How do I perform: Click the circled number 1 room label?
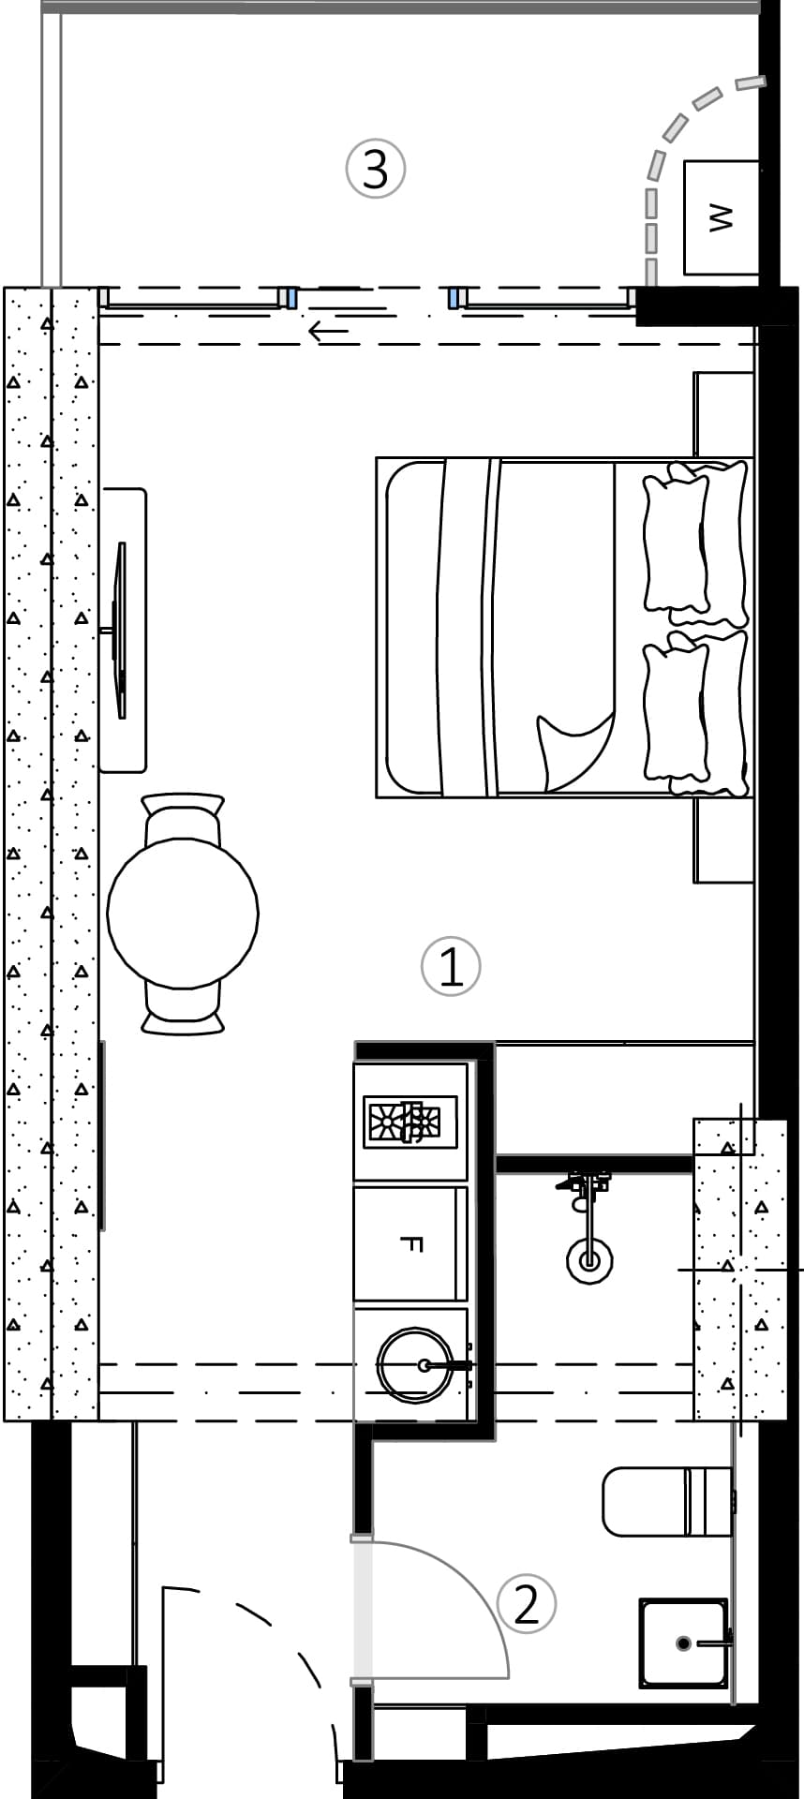[451, 966]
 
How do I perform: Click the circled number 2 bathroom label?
[527, 1604]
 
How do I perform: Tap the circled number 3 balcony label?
[376, 170]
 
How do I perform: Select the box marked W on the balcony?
[721, 217]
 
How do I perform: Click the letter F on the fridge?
[411, 1243]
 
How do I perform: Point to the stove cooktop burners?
[410, 1122]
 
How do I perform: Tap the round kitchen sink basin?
[413, 1365]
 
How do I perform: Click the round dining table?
[183, 913]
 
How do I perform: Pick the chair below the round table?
[183, 1010]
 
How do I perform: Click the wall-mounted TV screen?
[120, 630]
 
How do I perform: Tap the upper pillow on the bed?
[693, 543]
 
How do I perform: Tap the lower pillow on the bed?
[693, 712]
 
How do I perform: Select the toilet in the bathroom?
[665, 1501]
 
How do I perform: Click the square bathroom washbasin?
[684, 1643]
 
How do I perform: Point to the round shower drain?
[589, 1260]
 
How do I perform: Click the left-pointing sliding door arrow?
[328, 331]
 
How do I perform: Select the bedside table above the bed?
[724, 414]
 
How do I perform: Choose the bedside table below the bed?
[724, 840]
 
